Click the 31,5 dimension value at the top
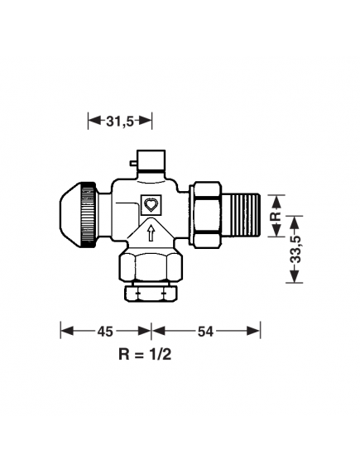[119, 121]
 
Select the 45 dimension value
[105, 331]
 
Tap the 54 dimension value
[205, 331]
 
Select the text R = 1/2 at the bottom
[146, 355]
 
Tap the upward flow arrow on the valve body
[151, 235]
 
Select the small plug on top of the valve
[151, 159]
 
